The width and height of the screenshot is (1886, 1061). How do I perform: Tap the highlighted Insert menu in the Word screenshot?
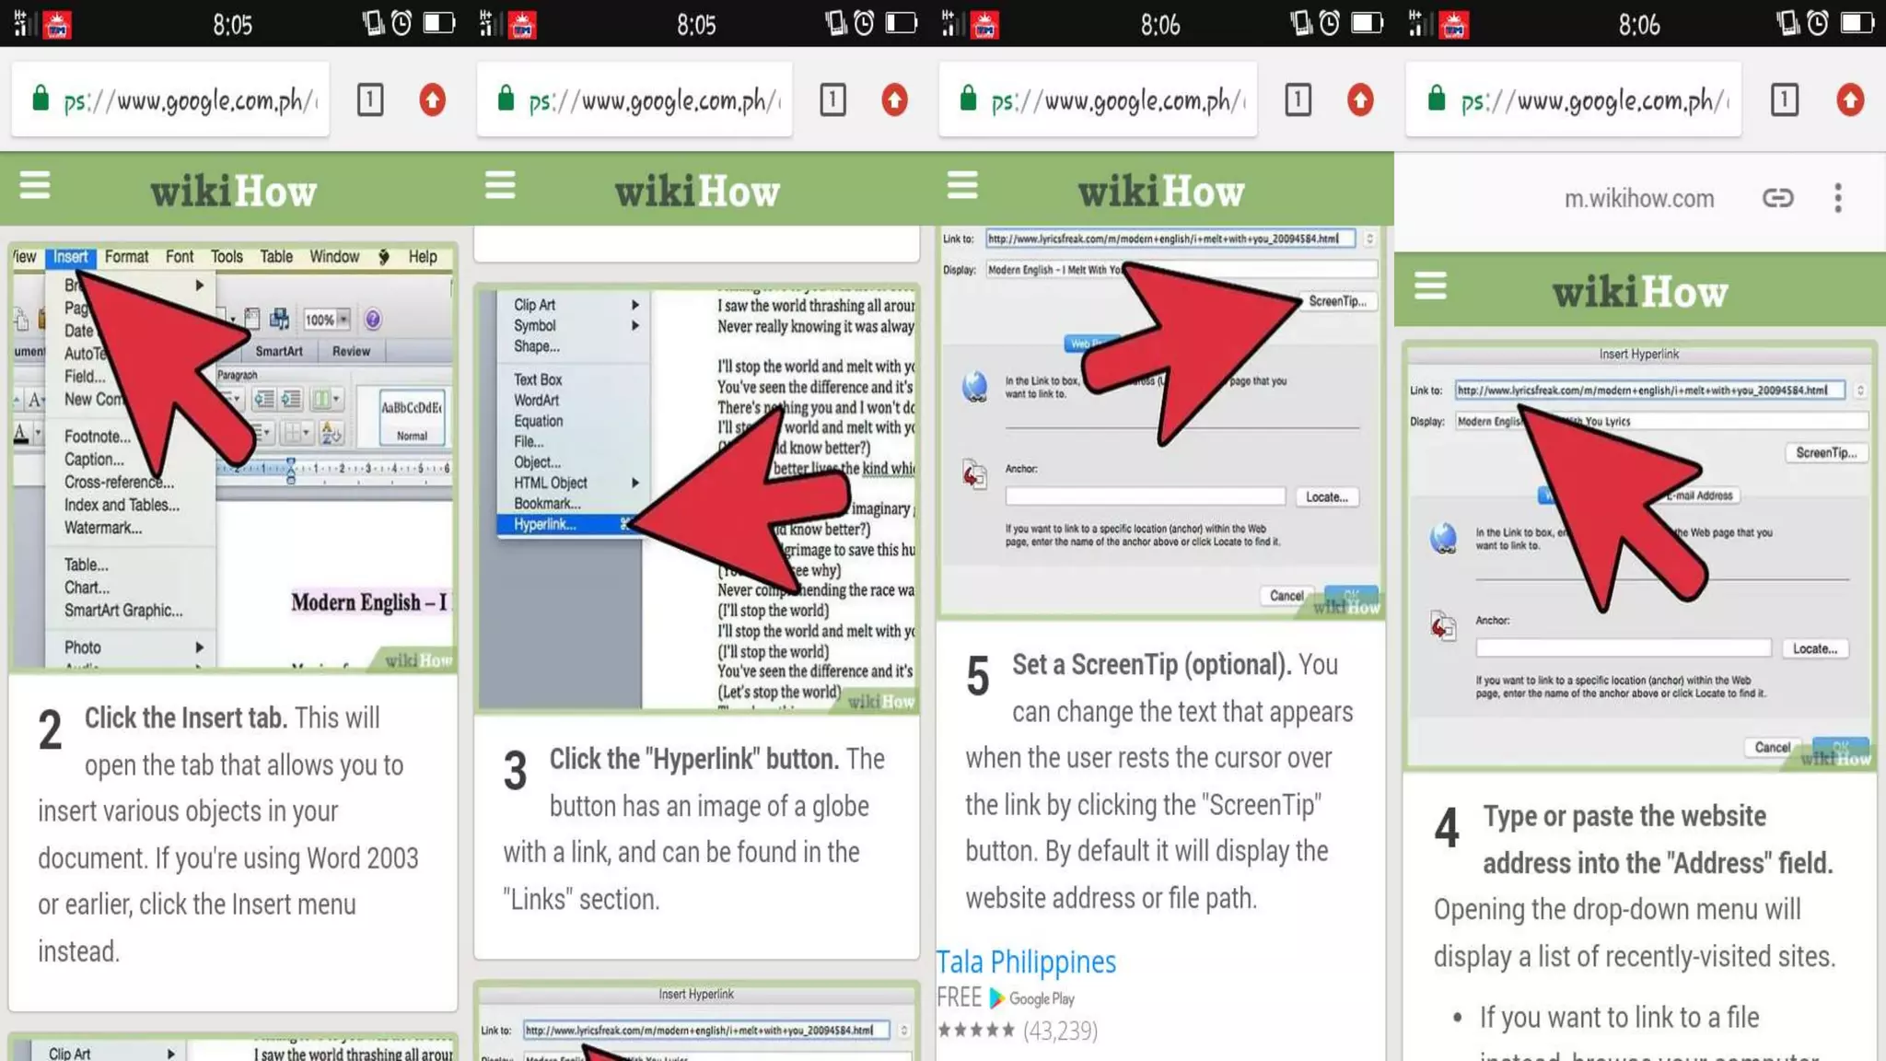(x=71, y=257)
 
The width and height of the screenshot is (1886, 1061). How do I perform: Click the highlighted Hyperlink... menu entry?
(x=545, y=525)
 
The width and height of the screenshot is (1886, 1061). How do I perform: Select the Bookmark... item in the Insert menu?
(x=547, y=504)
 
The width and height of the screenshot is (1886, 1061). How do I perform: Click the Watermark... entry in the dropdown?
(x=103, y=528)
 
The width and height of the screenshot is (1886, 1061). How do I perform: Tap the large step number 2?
(x=50, y=730)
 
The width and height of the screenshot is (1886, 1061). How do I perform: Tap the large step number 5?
(x=978, y=676)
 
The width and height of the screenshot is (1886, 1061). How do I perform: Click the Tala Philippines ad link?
(x=1026, y=962)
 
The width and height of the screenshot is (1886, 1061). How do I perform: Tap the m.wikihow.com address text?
(x=1639, y=199)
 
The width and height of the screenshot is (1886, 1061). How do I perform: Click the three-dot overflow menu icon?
(x=1838, y=198)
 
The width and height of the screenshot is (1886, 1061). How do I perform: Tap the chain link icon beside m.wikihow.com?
(x=1777, y=198)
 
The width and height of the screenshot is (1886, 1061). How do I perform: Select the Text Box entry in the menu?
(x=538, y=379)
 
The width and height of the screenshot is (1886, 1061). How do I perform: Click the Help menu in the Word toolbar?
(x=423, y=257)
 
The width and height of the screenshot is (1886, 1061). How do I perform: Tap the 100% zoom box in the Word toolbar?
(x=320, y=320)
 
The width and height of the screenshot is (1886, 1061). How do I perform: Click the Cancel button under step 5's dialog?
(x=1286, y=596)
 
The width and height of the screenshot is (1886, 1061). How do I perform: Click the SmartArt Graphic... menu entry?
(x=123, y=611)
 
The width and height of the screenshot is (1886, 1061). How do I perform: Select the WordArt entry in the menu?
(x=536, y=401)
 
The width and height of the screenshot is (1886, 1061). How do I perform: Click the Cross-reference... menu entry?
(x=119, y=482)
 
